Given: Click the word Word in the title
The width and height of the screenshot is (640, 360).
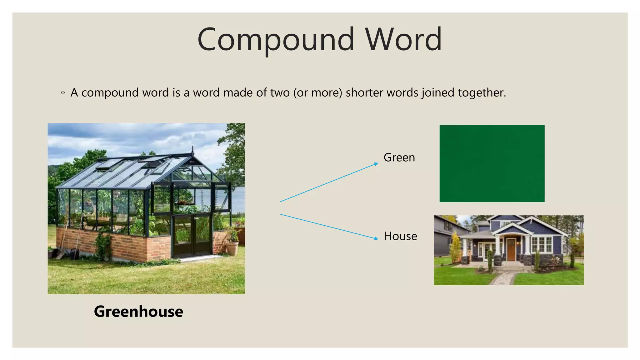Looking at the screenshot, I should [x=403, y=40].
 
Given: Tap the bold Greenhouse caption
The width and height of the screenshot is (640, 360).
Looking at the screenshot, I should [x=138, y=311].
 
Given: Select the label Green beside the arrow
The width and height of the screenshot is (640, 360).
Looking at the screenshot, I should [x=399, y=157].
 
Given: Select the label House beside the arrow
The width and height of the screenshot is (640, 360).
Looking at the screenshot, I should [x=400, y=236].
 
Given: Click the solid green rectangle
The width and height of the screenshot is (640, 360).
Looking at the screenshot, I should [x=492, y=163].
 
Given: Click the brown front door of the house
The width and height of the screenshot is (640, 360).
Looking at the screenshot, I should [x=511, y=249].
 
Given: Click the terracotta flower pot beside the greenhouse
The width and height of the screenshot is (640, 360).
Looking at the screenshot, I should [x=232, y=248].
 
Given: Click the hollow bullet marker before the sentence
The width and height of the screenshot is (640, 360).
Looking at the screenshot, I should [x=63, y=93].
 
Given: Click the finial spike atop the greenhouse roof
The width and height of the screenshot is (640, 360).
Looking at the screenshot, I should [x=192, y=149].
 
